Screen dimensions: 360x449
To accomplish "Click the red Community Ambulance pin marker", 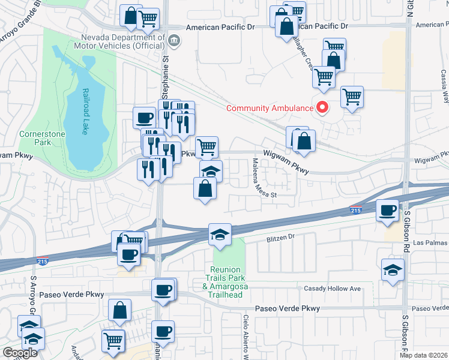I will coord(322,108).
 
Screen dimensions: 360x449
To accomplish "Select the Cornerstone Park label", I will coord(35,139).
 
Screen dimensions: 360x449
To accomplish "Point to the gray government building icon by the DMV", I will coord(174,41).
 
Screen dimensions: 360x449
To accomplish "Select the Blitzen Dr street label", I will coord(281,238).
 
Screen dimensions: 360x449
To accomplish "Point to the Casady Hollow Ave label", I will coord(332,289).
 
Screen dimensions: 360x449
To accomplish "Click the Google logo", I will coord(20,353).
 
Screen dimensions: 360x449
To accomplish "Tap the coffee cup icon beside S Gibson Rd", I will coord(388,210).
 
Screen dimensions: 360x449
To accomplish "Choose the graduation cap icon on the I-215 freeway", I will coord(220,233).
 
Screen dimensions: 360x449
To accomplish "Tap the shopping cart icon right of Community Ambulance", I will coord(352,97).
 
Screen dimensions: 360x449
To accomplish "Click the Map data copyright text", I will coord(424,355).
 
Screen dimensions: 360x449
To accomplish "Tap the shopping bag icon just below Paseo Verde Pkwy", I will coord(119,310).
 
